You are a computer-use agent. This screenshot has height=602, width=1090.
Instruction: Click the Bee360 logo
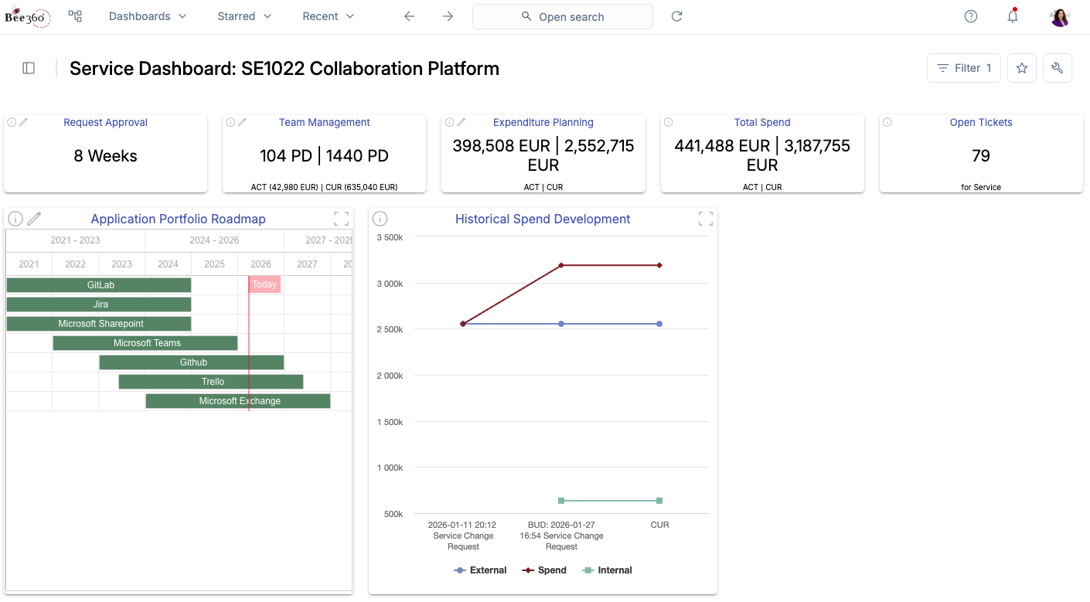(28, 16)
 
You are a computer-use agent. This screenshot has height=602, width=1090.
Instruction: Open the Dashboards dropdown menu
(148, 16)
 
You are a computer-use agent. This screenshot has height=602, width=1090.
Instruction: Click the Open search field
(562, 17)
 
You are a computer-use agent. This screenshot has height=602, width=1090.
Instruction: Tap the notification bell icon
(1012, 16)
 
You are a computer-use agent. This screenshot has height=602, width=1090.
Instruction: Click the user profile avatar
(1060, 16)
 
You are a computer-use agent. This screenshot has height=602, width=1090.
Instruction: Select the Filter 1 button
(963, 68)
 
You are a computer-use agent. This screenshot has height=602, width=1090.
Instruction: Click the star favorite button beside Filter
(1021, 68)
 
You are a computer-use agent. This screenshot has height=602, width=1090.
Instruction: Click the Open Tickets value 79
(980, 156)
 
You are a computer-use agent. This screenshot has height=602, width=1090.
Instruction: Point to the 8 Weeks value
(105, 156)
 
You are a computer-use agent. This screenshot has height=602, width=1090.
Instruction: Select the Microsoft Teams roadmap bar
(145, 343)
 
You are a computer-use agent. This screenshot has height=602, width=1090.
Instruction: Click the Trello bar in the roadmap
(211, 382)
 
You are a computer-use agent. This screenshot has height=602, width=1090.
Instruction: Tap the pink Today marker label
(264, 284)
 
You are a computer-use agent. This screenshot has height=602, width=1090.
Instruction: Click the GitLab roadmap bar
(99, 285)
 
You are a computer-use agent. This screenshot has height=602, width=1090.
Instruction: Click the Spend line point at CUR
(659, 265)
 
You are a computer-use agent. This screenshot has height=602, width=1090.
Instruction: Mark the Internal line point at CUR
(659, 501)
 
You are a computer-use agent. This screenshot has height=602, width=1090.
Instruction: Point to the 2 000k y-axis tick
(389, 376)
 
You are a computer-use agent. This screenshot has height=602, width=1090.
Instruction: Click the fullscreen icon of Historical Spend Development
(705, 219)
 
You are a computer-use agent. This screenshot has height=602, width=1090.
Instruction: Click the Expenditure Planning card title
(543, 122)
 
